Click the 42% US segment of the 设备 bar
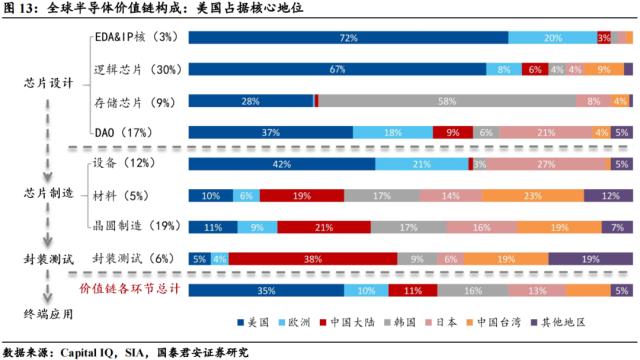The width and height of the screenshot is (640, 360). (283, 164)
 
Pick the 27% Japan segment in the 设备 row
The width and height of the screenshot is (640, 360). (546, 164)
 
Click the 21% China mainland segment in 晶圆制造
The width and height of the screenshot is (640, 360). (323, 227)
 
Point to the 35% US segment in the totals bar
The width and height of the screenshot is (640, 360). (266, 290)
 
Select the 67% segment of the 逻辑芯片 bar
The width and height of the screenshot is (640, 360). (337, 70)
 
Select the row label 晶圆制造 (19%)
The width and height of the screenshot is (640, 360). (131, 227)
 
